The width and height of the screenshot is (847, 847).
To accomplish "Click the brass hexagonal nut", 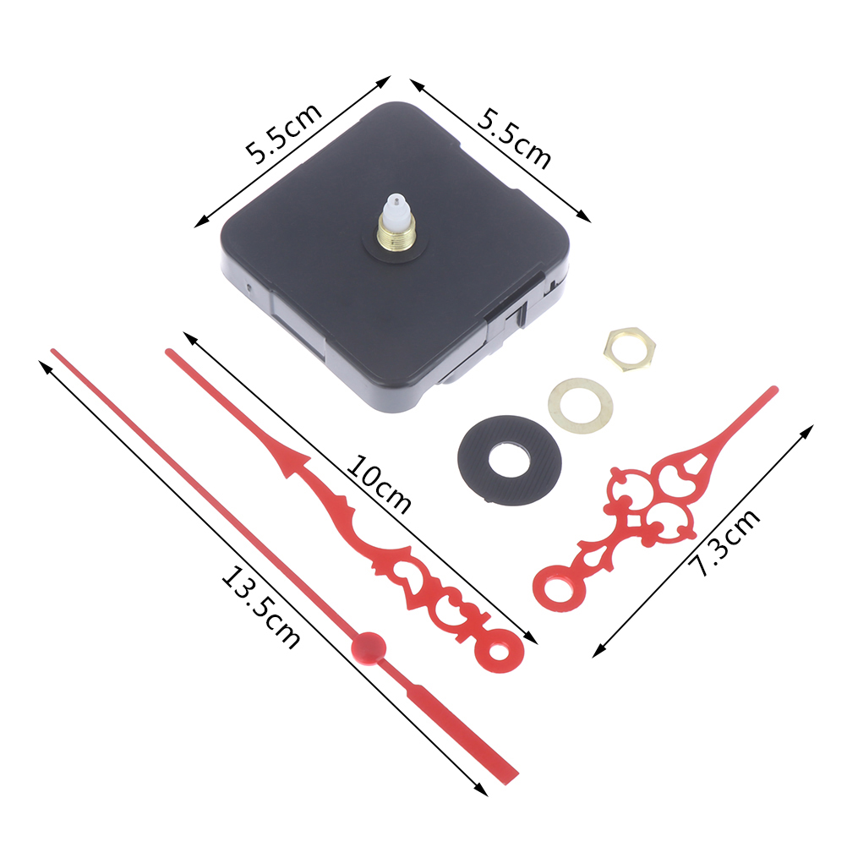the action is pos(630,349).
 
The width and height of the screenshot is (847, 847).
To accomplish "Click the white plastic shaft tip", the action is pos(396,205).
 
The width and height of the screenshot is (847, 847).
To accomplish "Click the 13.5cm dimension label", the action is pos(261,607).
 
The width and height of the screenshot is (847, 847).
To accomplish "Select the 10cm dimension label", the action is pos(378,484).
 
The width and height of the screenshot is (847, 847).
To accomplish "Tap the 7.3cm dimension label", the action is pos(724,542).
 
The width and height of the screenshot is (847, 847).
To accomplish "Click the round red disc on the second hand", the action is pos(368,646).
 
